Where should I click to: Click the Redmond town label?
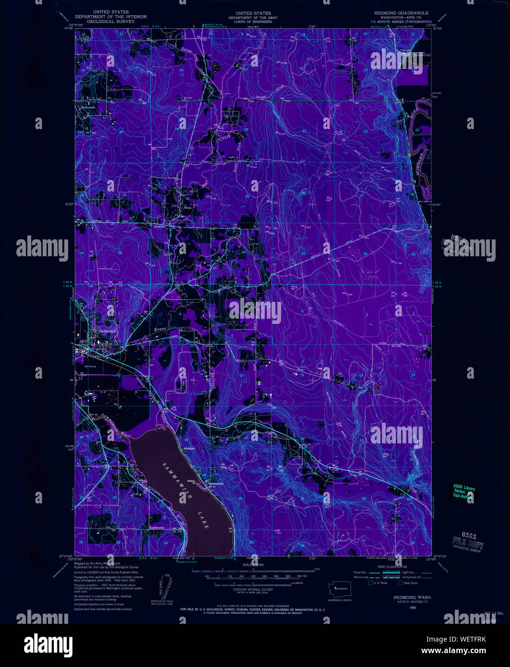[x=107, y=331]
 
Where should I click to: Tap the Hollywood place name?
[x=88, y=107]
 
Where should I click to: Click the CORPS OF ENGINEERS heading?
[x=249, y=22]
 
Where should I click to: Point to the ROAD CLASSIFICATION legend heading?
[x=393, y=566]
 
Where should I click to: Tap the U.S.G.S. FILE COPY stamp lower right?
[x=468, y=541]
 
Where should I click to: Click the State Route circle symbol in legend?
[x=400, y=583]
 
